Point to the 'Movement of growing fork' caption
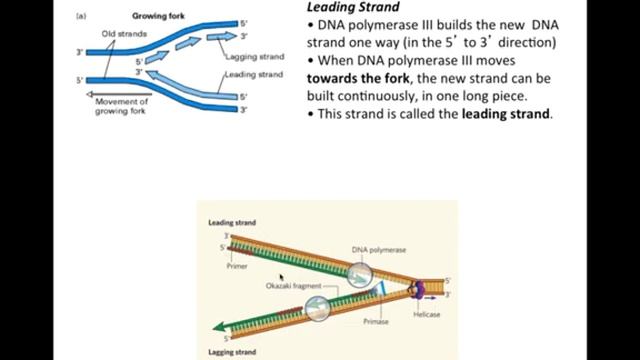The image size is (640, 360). coord(122,105)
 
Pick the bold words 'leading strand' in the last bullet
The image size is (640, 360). coord(506,114)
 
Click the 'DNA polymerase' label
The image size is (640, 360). coord(378,249)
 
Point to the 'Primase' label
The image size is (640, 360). coord(375,322)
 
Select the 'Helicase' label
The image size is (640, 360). coord(426,315)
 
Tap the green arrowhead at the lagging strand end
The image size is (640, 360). coord(221,331)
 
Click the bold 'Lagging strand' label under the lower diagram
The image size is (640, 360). coord(232,352)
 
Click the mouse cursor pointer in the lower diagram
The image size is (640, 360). coord(281,276)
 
